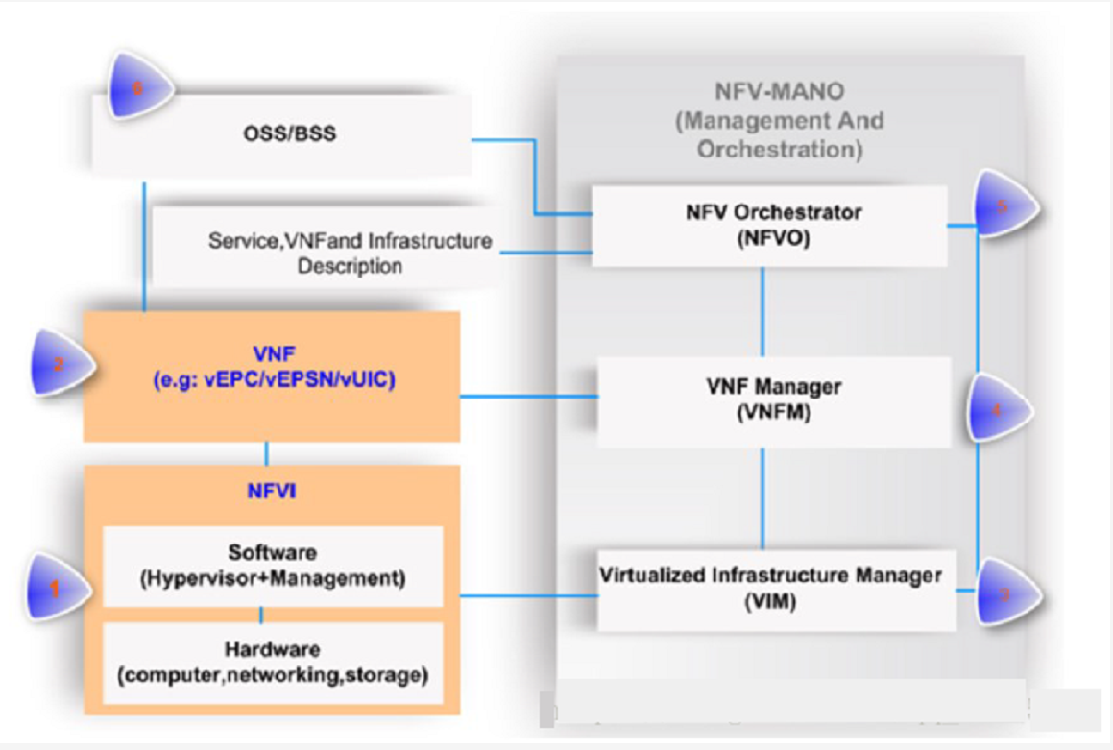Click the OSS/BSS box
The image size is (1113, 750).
[288, 134]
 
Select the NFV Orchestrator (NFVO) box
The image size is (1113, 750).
[769, 226]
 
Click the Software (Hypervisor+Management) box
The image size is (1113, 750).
[273, 567]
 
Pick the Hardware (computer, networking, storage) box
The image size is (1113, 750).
[273, 663]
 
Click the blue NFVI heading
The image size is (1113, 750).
[272, 492]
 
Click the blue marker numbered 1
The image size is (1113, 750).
[56, 588]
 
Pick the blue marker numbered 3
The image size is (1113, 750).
[1004, 593]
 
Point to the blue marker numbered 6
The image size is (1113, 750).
[138, 88]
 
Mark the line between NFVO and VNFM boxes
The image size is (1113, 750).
[762, 311]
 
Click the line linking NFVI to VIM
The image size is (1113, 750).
[528, 596]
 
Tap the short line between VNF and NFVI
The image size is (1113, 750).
[266, 453]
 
